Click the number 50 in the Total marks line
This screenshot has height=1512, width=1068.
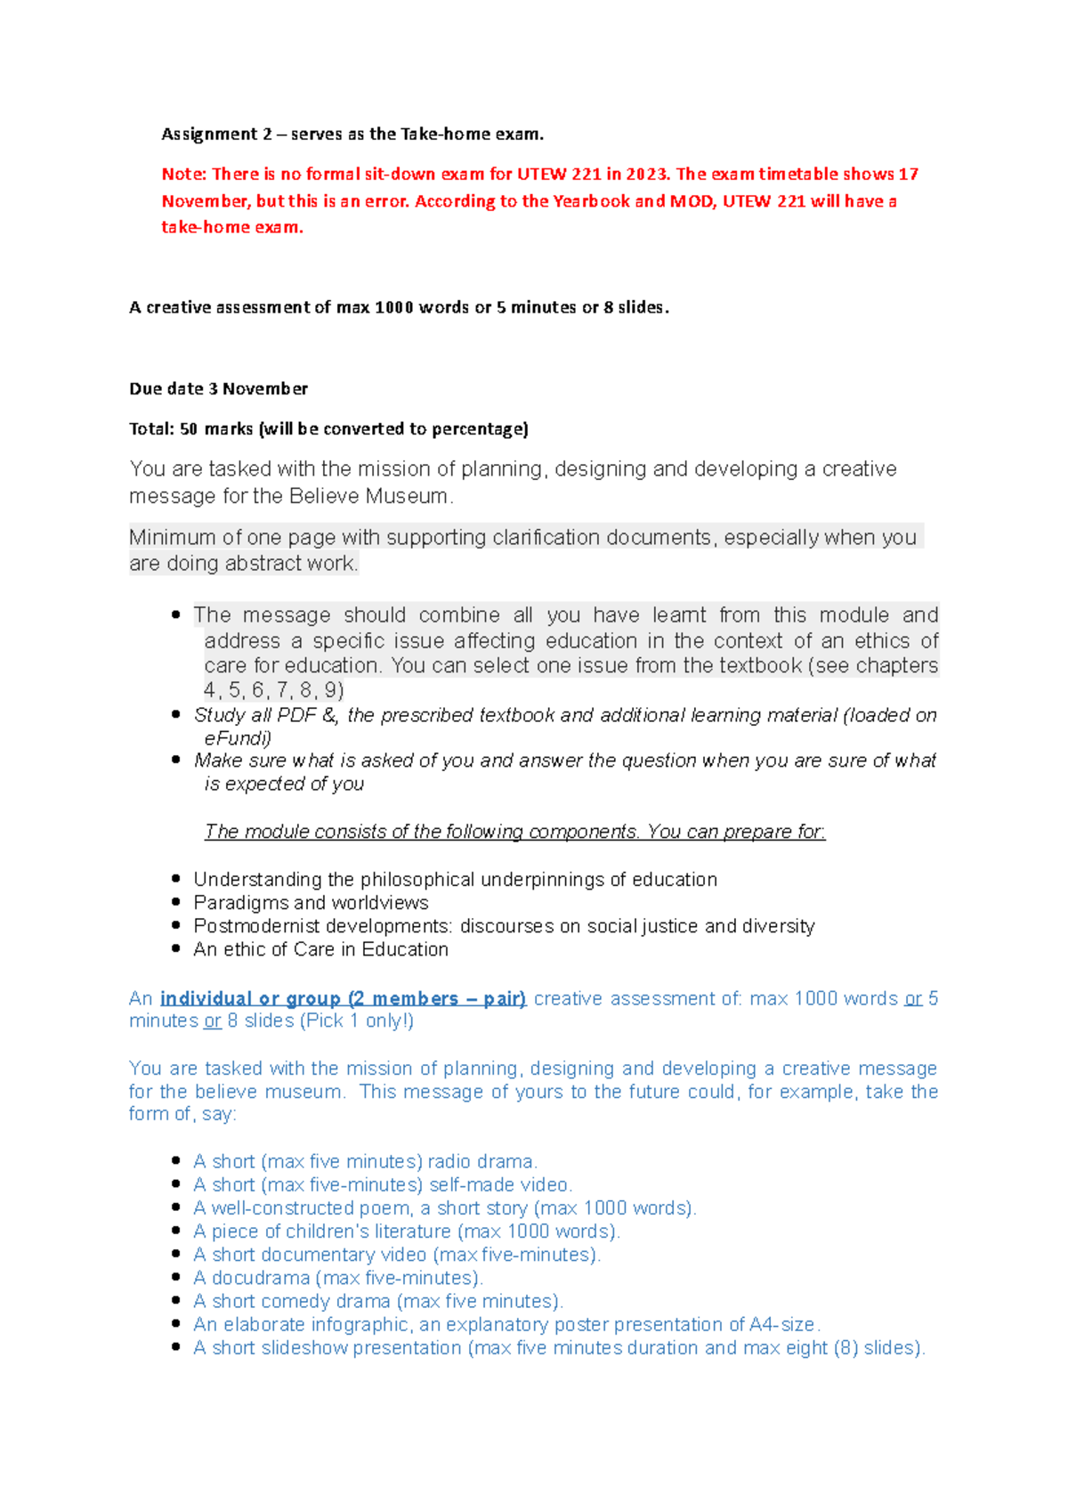tap(189, 429)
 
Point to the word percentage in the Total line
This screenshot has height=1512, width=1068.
tap(479, 429)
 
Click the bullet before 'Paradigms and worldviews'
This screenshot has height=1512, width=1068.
tap(176, 903)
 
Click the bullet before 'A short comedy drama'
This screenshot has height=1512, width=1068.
tap(176, 1302)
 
